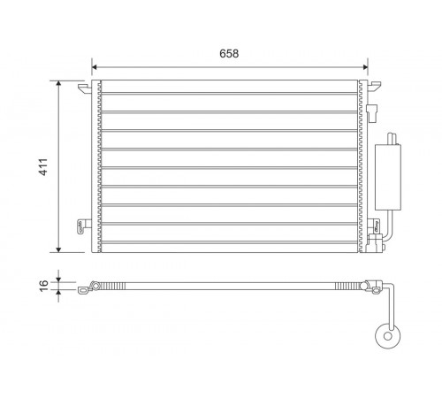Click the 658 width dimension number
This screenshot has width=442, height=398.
point(229,53)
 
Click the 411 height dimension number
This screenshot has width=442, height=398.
point(43,167)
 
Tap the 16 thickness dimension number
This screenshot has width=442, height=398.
point(43,286)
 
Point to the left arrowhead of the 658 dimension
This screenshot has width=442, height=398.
point(94,67)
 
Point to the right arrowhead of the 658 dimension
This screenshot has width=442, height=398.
point(365,67)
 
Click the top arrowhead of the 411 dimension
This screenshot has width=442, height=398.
point(58,82)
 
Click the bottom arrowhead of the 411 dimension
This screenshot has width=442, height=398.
point(58,249)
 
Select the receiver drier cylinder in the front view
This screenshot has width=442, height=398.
point(388,177)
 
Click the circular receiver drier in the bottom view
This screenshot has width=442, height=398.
point(388,336)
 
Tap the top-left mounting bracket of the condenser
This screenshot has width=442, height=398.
point(85,88)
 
